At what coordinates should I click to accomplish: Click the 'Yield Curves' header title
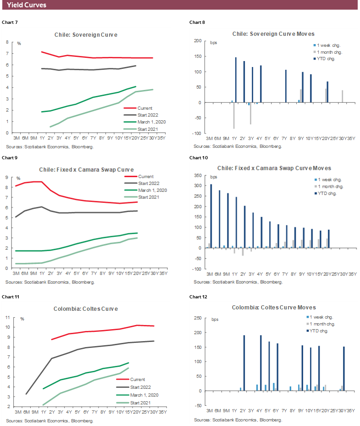click(x=27, y=5)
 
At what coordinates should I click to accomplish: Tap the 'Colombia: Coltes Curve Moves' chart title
click(x=274, y=307)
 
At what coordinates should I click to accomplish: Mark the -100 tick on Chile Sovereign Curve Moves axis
click(x=198, y=134)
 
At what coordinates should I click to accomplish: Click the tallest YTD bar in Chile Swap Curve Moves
click(x=211, y=216)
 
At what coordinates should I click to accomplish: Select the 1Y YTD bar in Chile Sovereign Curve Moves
click(x=236, y=80)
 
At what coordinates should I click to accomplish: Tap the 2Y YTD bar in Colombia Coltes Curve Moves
click(x=244, y=363)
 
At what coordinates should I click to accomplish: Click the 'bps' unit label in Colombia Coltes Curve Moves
click(x=215, y=319)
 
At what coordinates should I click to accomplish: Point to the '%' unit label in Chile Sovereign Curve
click(x=19, y=44)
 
